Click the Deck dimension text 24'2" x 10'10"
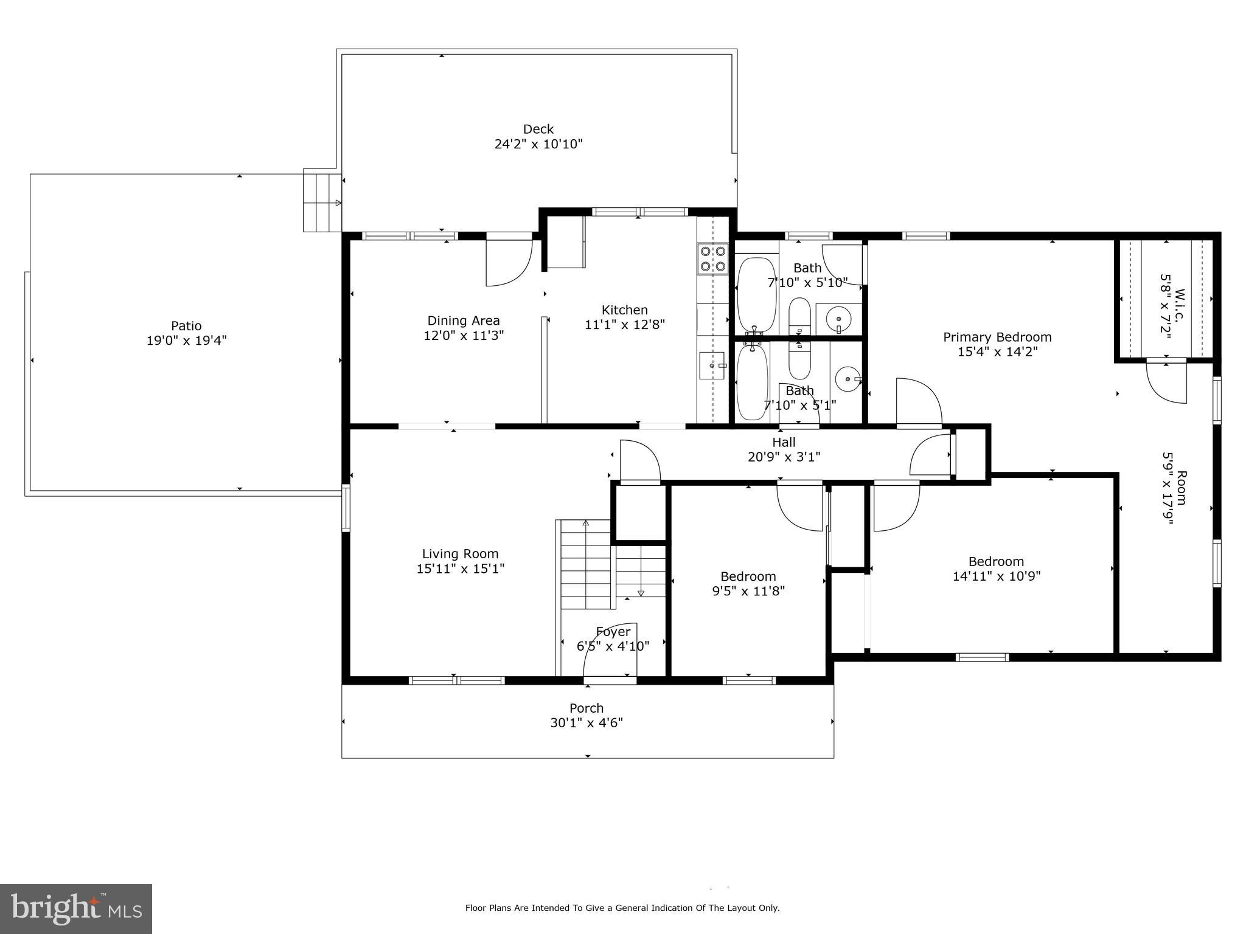(538, 144)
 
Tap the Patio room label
(186, 325)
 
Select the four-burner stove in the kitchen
(712, 258)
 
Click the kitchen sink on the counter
(712, 365)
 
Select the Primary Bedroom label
(997, 337)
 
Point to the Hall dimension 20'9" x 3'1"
(784, 457)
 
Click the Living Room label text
(460, 553)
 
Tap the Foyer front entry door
(610, 651)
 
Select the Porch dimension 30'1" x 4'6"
(586, 723)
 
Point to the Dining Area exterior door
(509, 261)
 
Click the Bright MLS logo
(76, 909)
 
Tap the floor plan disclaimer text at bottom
(622, 908)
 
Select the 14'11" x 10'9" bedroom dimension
(996, 576)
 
